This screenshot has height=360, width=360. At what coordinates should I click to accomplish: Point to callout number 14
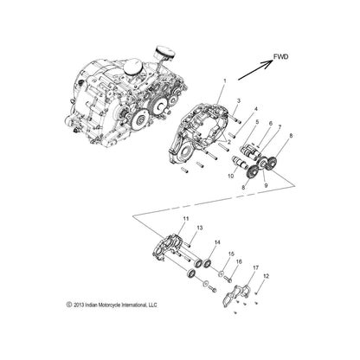click(217, 243)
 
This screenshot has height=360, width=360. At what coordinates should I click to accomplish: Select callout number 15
click(230, 254)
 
